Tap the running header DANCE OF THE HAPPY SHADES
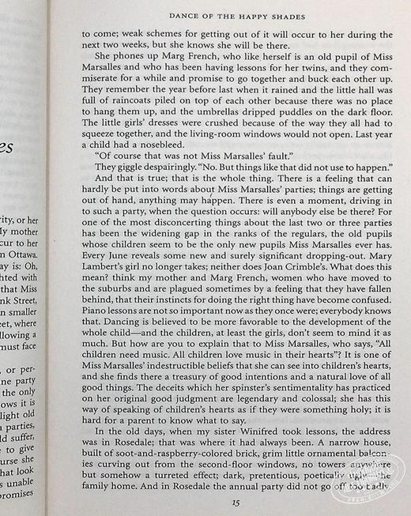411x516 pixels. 236,16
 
